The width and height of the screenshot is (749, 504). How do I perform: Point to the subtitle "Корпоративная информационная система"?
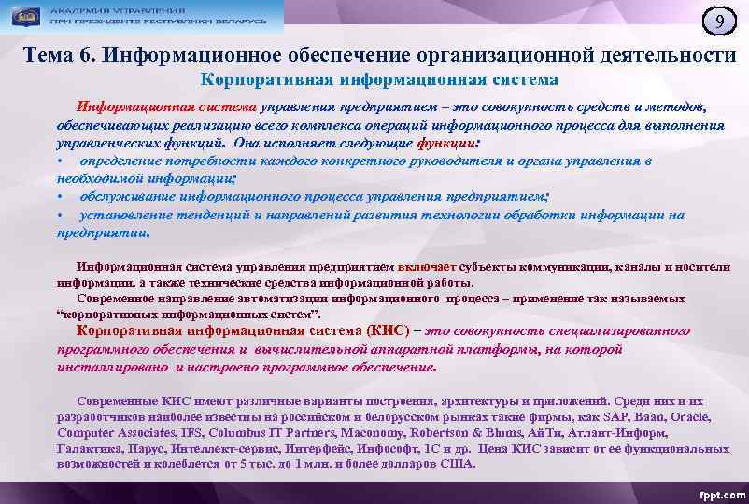pyautogui.click(x=380, y=81)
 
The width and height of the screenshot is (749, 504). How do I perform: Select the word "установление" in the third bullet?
pyautogui.click(x=120, y=215)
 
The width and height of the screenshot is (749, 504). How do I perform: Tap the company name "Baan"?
pyautogui.click(x=652, y=417)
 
